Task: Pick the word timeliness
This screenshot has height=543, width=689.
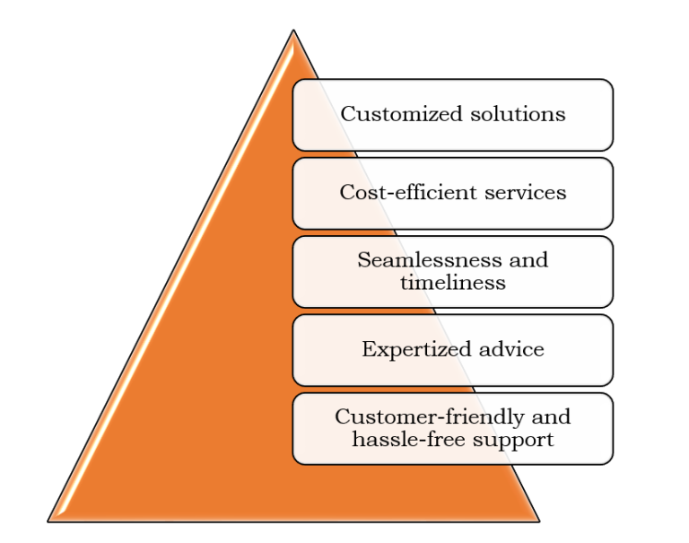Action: pyautogui.click(x=453, y=282)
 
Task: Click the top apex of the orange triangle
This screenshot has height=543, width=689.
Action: pyautogui.click(x=293, y=31)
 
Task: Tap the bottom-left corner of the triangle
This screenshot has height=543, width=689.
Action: pyautogui.click(x=49, y=521)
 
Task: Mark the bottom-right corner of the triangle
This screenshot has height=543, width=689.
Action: pyautogui.click(x=538, y=521)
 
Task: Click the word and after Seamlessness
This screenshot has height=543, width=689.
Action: pyautogui.click(x=528, y=260)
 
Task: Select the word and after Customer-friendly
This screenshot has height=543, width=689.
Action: pyautogui.click(x=552, y=417)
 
